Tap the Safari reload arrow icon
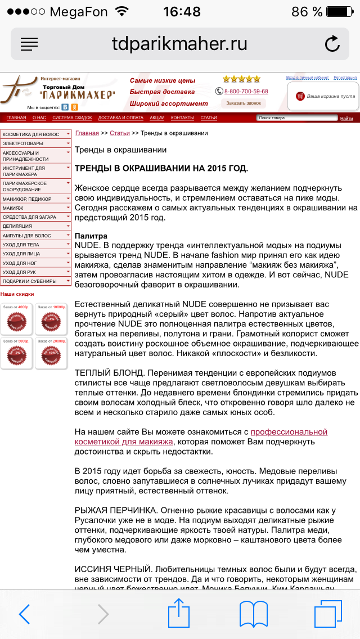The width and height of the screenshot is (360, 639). (332, 44)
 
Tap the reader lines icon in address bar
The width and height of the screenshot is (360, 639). (29, 44)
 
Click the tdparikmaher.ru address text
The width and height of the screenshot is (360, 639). (179, 44)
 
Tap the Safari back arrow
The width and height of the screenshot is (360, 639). (24, 614)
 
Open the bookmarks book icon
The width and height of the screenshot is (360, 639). (253, 614)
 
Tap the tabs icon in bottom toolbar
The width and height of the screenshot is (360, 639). (328, 614)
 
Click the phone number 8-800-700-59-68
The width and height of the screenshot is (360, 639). (246, 91)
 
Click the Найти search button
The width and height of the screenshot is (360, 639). (346, 118)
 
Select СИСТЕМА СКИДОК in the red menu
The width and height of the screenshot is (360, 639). (72, 118)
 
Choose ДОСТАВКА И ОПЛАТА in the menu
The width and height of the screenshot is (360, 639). (120, 118)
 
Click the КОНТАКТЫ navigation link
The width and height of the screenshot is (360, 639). (182, 118)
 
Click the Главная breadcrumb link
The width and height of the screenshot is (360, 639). (87, 133)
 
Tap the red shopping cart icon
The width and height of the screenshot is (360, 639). (300, 96)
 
